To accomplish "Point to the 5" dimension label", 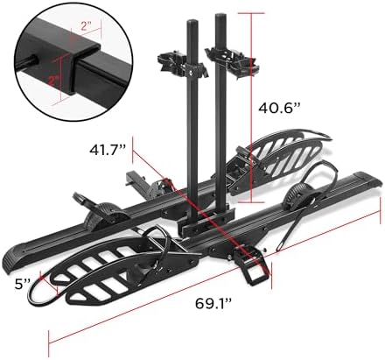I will [x=21, y=284].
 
